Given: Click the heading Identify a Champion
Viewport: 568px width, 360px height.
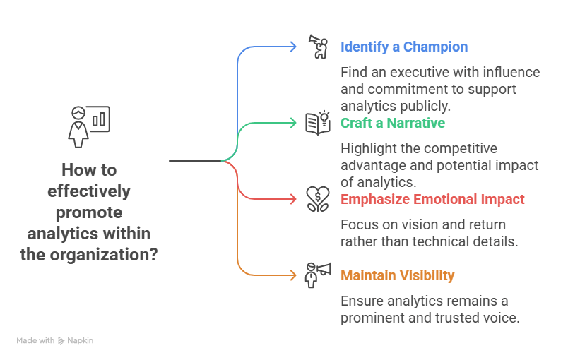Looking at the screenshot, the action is click(404, 47).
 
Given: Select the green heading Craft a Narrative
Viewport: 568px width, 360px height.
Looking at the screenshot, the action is click(393, 123).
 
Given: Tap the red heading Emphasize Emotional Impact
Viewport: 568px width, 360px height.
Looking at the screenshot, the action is click(432, 199).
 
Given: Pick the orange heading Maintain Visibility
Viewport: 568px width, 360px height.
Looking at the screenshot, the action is click(397, 275).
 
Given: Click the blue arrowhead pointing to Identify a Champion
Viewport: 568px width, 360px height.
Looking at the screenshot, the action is click(293, 47).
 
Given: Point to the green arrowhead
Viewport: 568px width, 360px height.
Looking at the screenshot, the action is click(293, 123).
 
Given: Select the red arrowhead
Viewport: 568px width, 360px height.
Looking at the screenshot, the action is click(293, 199).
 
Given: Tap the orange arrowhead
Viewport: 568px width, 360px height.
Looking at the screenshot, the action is click(293, 275).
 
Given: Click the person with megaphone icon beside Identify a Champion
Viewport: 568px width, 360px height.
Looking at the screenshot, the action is click(318, 47).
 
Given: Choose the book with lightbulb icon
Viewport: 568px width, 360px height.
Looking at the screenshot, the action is click(318, 123).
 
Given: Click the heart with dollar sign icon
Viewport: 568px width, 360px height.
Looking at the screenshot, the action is click(318, 199).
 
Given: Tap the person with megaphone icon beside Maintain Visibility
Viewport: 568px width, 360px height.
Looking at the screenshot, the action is click(318, 275).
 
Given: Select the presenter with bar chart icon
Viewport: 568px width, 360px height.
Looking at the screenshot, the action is click(89, 126).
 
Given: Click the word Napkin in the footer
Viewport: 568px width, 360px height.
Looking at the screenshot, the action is click(80, 340).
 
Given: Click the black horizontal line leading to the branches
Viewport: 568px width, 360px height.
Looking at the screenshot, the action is click(196, 161).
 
